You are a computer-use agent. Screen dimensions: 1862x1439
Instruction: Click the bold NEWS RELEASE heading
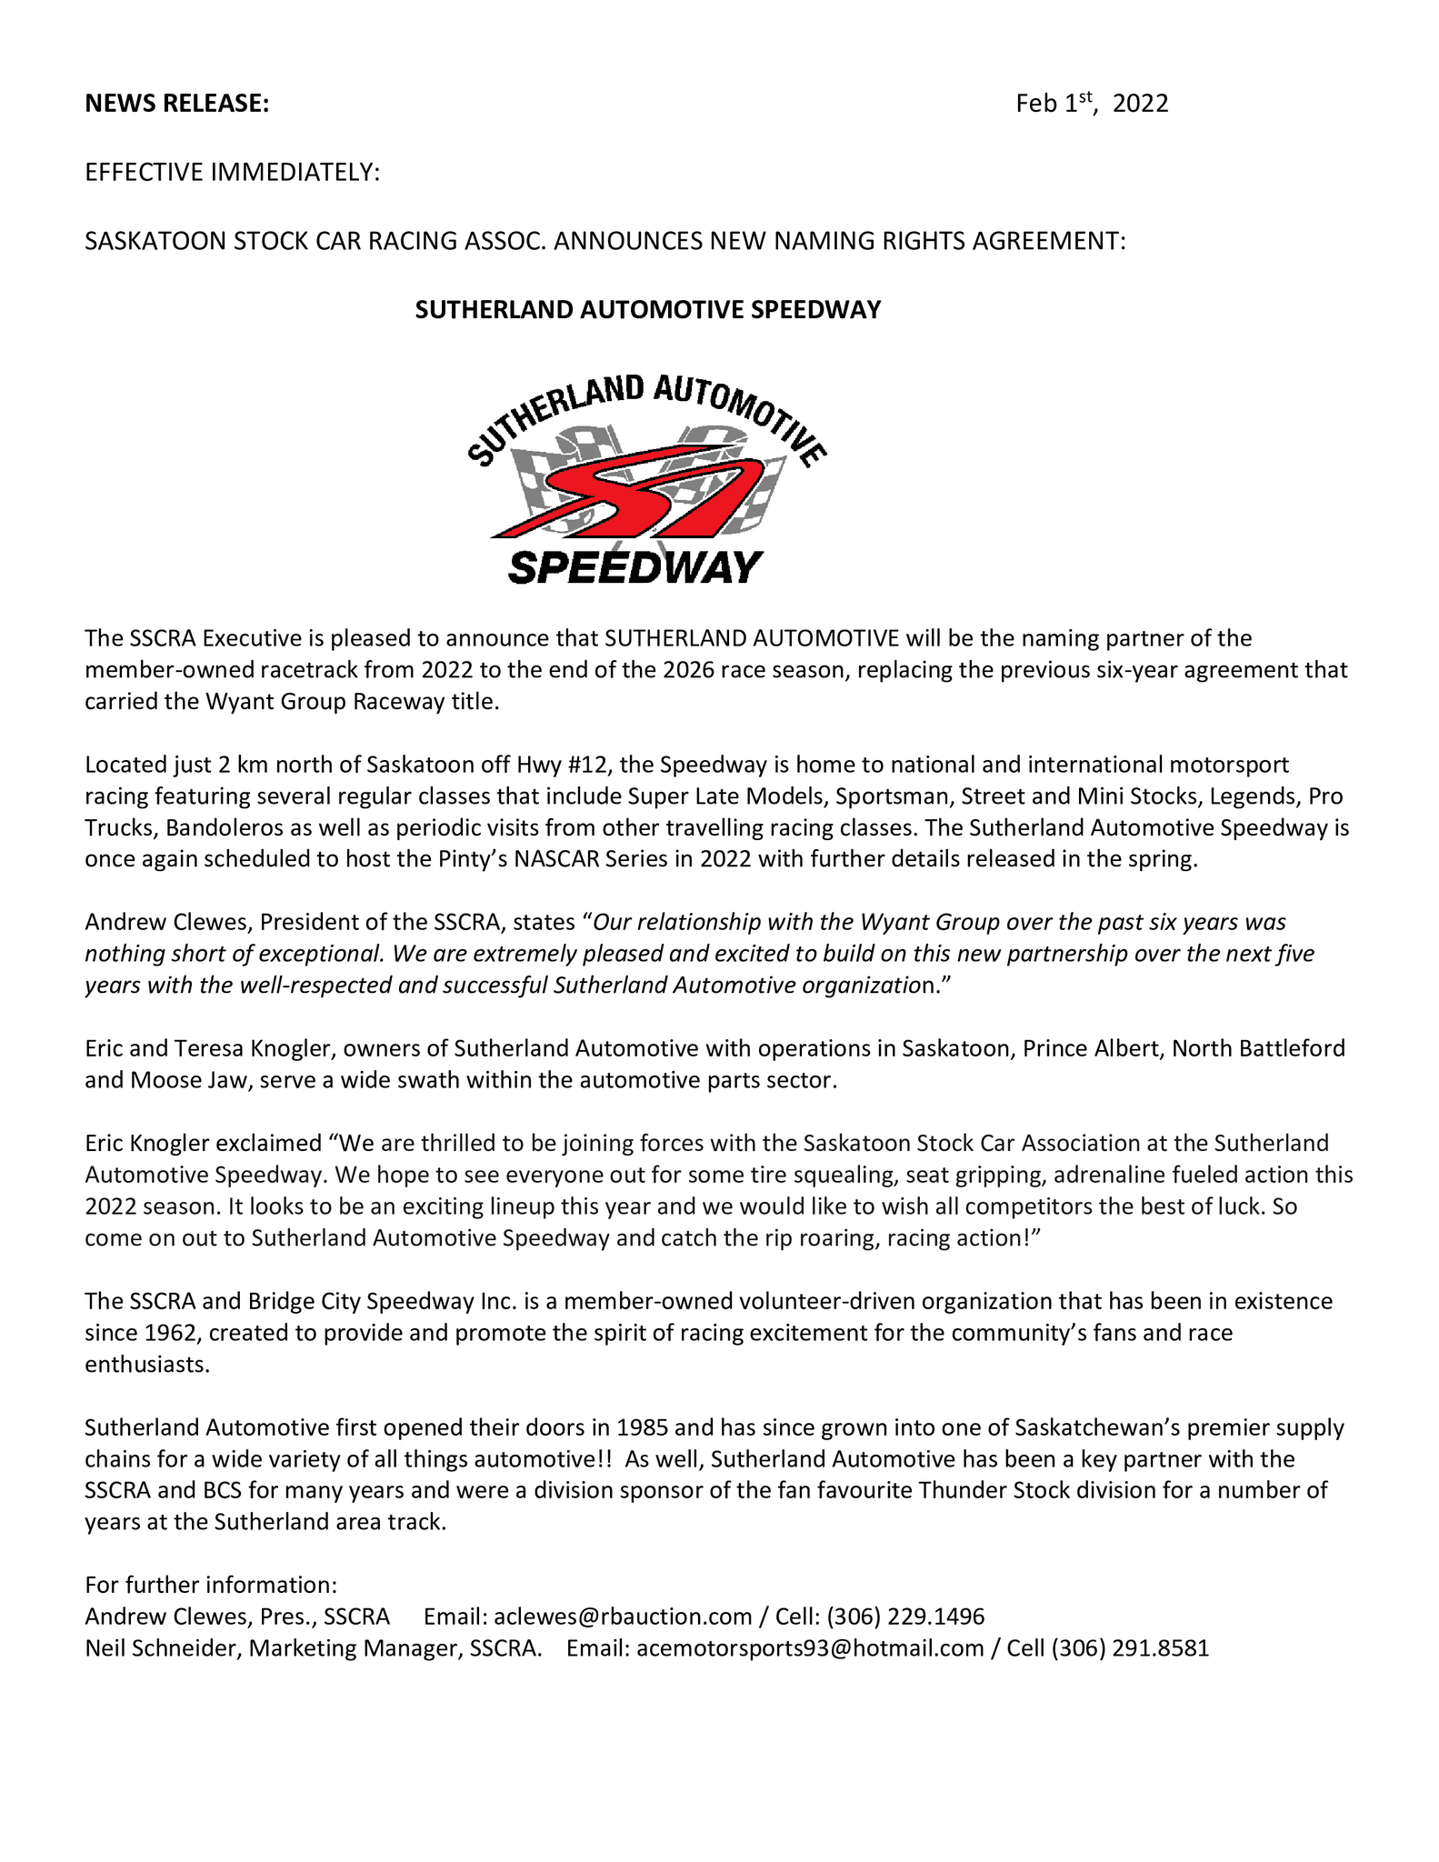pyautogui.click(x=176, y=104)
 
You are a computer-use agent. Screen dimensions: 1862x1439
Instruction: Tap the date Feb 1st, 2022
pyautogui.click(x=1091, y=104)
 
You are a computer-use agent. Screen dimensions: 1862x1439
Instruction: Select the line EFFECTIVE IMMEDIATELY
pyautogui.click(x=232, y=173)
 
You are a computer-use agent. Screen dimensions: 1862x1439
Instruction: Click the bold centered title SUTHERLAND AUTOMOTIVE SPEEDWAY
pyautogui.click(x=647, y=310)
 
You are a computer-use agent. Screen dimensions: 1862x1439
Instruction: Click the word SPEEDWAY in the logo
pyautogui.click(x=635, y=568)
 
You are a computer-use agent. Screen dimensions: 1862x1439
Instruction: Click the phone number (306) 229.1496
pyautogui.click(x=905, y=1616)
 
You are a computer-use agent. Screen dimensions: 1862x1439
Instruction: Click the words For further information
pyautogui.click(x=211, y=1585)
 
